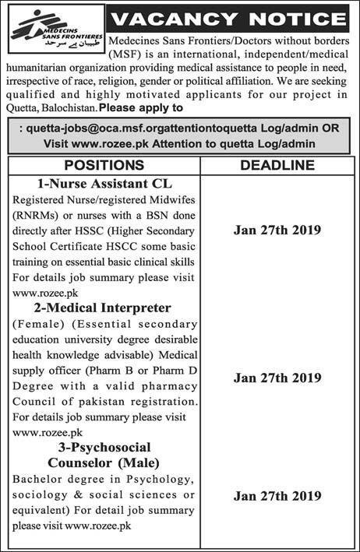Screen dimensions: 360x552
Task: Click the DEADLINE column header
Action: (x=277, y=165)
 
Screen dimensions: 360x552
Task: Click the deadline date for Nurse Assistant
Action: (x=277, y=230)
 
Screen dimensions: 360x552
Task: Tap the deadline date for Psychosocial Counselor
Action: (x=277, y=494)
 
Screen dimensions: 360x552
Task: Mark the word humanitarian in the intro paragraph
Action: (x=42, y=68)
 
